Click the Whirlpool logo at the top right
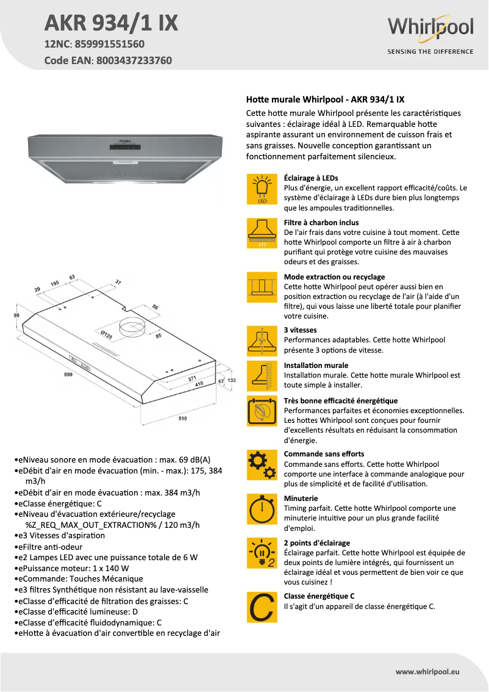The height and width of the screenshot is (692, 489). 430,29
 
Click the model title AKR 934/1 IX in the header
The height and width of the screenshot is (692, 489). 112,23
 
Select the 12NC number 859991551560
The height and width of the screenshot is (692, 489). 109,44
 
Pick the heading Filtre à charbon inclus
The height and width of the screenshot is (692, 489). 321,223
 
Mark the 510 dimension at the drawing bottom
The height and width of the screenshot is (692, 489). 182,419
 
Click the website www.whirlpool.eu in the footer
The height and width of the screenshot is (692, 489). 427,671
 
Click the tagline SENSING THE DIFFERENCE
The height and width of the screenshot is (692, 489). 430,52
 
